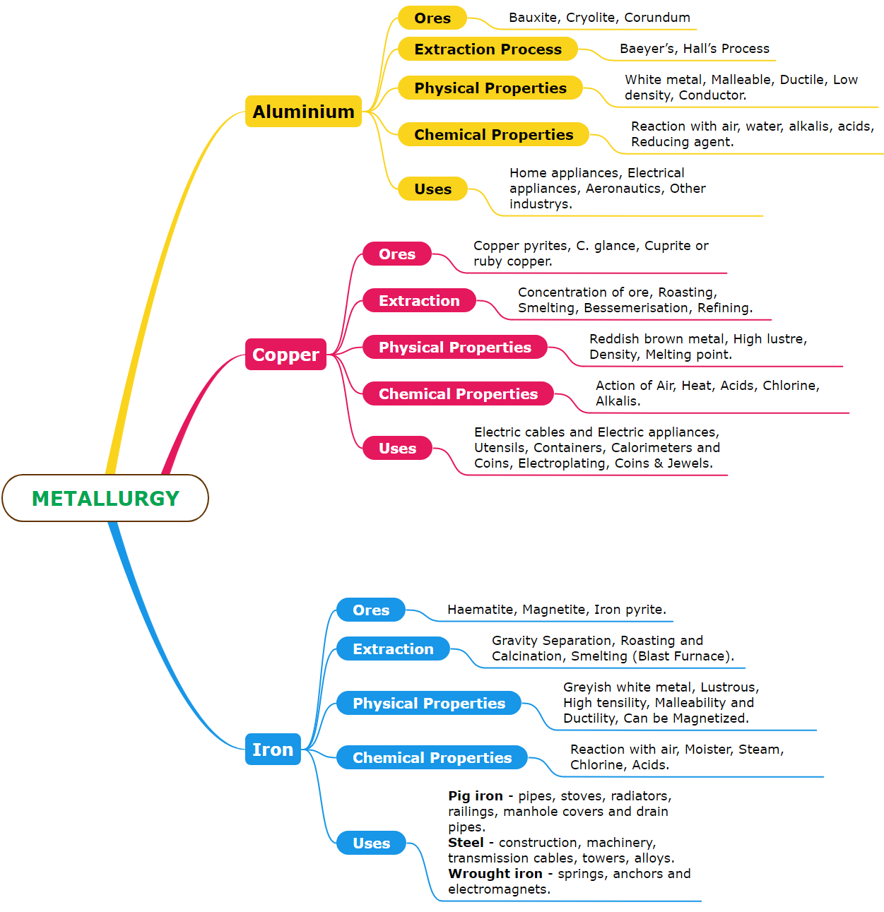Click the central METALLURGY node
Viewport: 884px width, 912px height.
click(x=105, y=498)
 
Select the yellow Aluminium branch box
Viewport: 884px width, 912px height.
click(x=303, y=112)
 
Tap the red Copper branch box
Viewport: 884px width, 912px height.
click(x=285, y=355)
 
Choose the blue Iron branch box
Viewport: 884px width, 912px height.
click(x=273, y=750)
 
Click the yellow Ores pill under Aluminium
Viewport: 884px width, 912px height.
click(x=432, y=18)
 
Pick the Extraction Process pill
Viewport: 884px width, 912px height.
click(x=488, y=49)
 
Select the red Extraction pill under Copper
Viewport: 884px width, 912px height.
click(x=419, y=301)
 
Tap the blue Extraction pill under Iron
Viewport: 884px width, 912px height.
click(x=393, y=649)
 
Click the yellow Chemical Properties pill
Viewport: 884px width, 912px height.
click(x=493, y=135)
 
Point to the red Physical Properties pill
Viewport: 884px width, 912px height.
click(x=455, y=348)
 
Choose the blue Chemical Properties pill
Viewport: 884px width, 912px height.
click(x=432, y=758)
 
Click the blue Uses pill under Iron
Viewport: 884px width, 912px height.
click(x=371, y=843)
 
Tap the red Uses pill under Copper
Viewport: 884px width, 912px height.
click(x=397, y=449)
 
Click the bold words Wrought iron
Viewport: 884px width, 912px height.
click(x=495, y=874)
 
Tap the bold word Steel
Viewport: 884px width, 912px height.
click(x=466, y=843)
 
